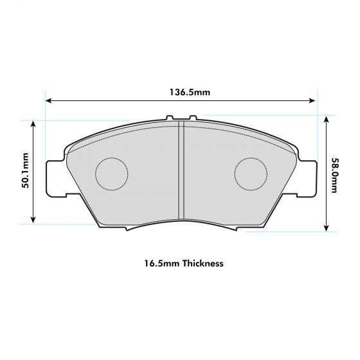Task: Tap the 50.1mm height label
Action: pyautogui.click(x=26, y=171)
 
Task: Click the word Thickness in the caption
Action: pyautogui.click(x=203, y=264)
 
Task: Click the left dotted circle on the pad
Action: pyautogui.click(x=112, y=174)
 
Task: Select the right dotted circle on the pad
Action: pyautogui.click(x=251, y=174)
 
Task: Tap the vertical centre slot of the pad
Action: pyautogui.click(x=181, y=174)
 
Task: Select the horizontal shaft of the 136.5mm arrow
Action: pyautogui.click(x=129, y=101)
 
